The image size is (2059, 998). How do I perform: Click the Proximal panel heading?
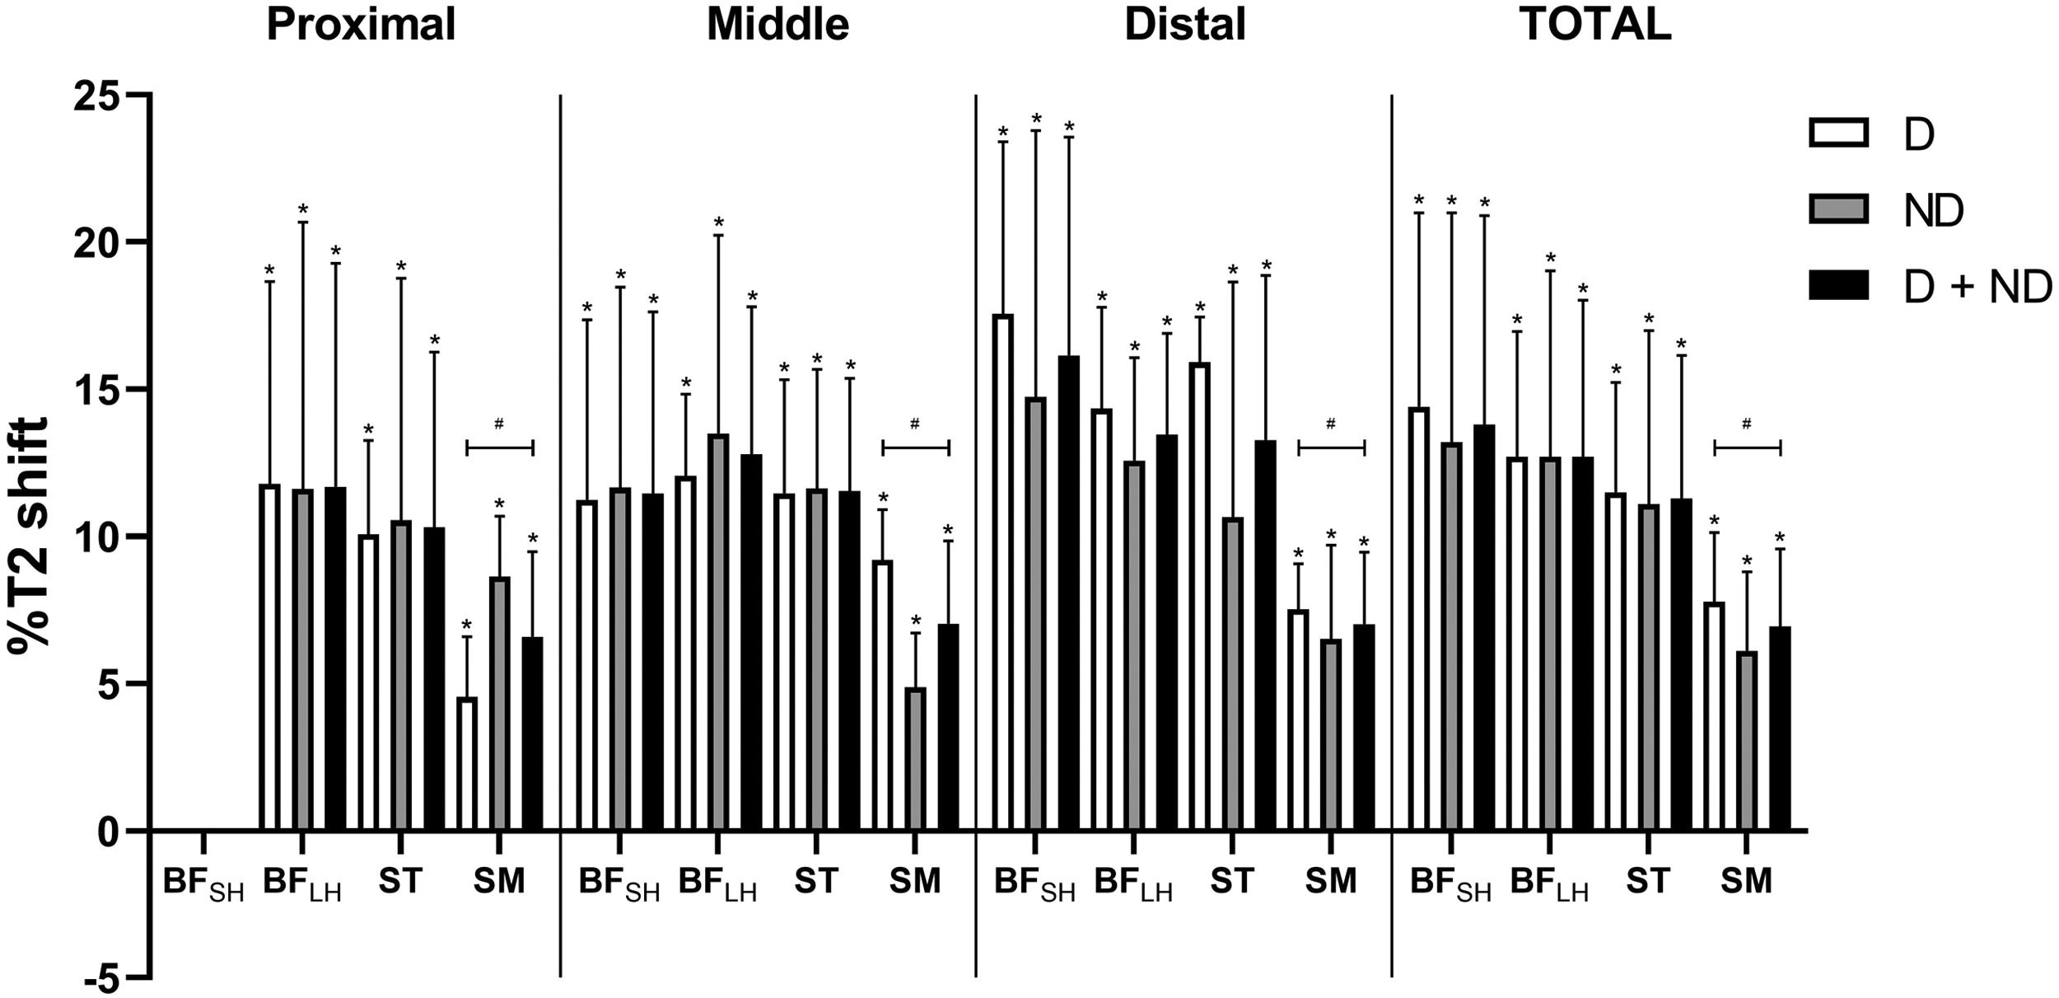click(361, 25)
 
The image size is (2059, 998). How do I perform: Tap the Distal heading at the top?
click(1184, 25)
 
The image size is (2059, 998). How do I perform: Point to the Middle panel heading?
click(777, 25)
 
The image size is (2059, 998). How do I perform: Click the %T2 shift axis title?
click(29, 536)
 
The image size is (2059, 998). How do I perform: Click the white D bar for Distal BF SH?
click(1003, 573)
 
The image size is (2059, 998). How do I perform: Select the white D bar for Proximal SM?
click(467, 764)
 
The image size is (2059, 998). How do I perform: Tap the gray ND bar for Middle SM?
click(916, 759)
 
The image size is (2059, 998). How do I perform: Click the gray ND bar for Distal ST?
click(1232, 674)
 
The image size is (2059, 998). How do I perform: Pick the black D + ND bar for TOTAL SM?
click(1780, 729)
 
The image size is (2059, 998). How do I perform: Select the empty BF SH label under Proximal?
click(203, 884)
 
